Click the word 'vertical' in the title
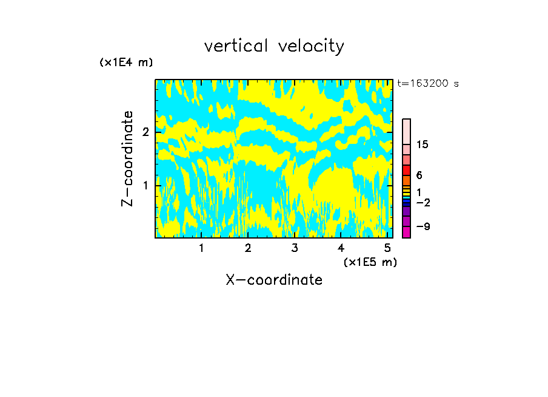[x=234, y=46]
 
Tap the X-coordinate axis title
[x=274, y=280]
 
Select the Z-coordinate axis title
[x=127, y=158]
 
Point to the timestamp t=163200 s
[x=427, y=84]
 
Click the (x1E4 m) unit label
[x=126, y=63]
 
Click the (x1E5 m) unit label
[x=370, y=262]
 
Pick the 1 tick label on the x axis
[x=201, y=248]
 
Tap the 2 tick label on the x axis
[x=248, y=248]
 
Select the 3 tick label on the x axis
[x=295, y=248]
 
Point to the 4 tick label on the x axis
[x=341, y=248]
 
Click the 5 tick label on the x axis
[x=387, y=248]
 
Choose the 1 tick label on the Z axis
[x=145, y=185]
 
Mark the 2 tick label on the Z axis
[x=145, y=132]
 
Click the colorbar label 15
[x=423, y=144]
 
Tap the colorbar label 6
[x=419, y=175]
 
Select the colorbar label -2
[x=423, y=202]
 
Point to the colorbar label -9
[x=423, y=226]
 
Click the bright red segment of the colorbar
[x=407, y=170]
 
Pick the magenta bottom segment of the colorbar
[x=407, y=232]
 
